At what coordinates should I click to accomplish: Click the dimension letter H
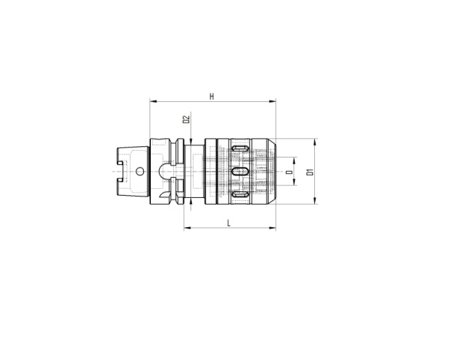pos(212,96)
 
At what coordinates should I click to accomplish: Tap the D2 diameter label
pos(187,119)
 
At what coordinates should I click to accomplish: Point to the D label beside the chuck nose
pos(289,172)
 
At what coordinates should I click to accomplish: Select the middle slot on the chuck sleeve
pos(239,172)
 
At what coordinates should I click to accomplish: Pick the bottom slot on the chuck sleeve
pos(239,195)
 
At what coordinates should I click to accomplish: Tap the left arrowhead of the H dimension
pos(153,102)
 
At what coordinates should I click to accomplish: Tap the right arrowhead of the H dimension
pos(274,102)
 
